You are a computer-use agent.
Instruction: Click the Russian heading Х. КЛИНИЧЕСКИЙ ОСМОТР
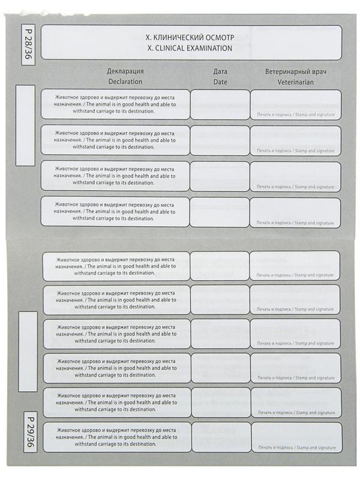(x=190, y=37)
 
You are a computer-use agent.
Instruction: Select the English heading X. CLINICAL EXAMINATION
(x=190, y=48)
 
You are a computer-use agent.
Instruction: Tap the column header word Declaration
(x=125, y=81)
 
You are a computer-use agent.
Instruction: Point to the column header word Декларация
(x=125, y=71)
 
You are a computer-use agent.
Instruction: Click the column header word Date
(x=220, y=81)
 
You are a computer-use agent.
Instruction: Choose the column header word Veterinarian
(x=296, y=81)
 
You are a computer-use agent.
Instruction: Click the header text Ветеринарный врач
(x=296, y=71)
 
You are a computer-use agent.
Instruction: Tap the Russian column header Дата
(x=220, y=71)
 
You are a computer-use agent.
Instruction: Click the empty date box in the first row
(x=220, y=104)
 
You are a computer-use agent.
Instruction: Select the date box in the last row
(x=220, y=437)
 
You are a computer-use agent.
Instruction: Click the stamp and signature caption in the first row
(x=296, y=115)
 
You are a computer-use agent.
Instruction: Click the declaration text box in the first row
(x=115, y=104)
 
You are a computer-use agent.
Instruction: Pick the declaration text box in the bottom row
(x=117, y=437)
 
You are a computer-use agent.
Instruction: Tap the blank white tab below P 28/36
(x=25, y=125)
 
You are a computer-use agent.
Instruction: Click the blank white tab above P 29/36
(x=28, y=360)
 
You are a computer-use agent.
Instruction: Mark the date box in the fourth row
(x=220, y=212)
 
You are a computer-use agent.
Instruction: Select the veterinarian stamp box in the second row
(x=295, y=140)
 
